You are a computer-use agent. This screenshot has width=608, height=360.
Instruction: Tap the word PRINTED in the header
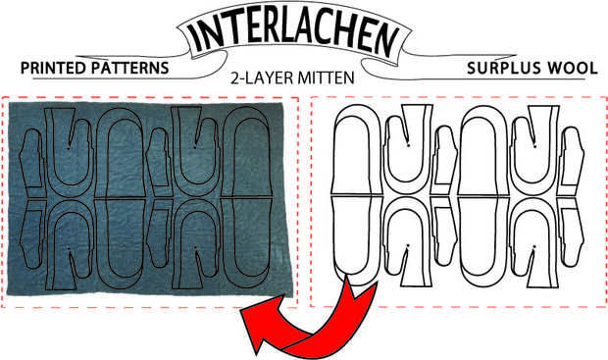(53, 68)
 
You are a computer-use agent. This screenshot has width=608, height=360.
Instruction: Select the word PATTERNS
(129, 68)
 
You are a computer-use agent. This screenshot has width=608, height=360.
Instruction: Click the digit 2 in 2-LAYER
(234, 77)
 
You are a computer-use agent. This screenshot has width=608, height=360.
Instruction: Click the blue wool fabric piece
(149, 198)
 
